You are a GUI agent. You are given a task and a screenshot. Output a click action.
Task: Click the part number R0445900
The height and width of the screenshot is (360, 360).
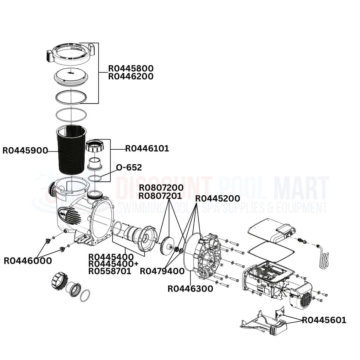pos(25,151)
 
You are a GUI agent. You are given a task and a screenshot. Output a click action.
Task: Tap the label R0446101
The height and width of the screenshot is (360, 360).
pos(147,149)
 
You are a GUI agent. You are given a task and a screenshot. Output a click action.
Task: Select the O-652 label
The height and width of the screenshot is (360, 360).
pos(129,168)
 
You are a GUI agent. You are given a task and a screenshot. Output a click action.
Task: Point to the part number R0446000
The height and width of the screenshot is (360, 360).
pos(28,260)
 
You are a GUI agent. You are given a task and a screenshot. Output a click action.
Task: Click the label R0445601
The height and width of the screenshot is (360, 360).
pos(324,320)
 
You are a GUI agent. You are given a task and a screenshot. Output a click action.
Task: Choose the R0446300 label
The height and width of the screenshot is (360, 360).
pos(190,289)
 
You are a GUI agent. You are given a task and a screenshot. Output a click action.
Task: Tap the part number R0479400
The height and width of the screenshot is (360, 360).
pos(162,271)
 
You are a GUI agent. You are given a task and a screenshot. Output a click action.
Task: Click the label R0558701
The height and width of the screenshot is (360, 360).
pos(110,271)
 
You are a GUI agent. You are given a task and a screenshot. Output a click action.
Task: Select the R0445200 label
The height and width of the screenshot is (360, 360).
pos(217,198)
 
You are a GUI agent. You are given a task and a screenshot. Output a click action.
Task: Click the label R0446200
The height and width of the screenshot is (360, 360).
pos(131,76)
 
